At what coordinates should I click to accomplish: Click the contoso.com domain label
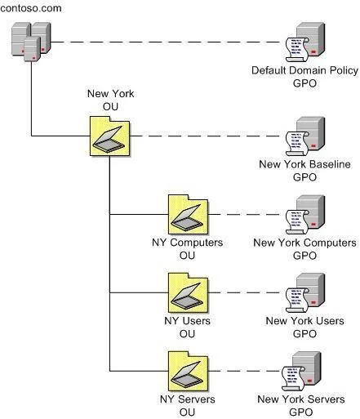31,8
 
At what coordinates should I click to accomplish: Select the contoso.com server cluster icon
31,42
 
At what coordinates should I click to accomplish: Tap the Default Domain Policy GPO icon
305,42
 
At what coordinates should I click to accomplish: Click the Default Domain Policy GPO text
304,77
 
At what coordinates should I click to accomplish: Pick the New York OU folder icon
110,136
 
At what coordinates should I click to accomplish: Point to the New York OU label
110,100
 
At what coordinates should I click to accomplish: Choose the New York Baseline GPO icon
305,136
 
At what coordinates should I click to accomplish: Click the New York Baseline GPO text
304,171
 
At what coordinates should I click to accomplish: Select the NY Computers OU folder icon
189,215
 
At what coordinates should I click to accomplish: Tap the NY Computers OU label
188,249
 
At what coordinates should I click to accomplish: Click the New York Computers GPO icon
305,215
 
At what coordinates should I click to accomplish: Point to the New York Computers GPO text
304,249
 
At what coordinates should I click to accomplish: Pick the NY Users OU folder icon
189,293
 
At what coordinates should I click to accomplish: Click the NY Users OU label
187,328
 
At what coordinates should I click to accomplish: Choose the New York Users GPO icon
305,293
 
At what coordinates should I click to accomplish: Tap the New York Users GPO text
304,328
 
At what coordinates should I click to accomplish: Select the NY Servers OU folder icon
189,372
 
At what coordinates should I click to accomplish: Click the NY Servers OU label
188,406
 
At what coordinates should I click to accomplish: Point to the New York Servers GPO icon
301,372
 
